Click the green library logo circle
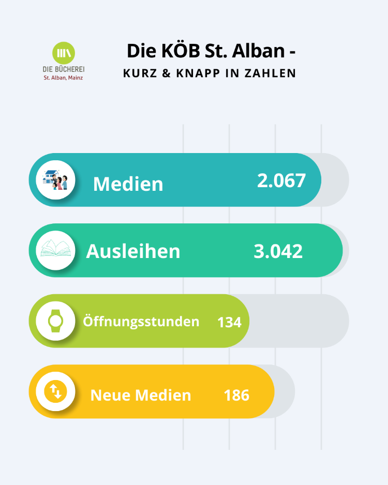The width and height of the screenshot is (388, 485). [x=64, y=53]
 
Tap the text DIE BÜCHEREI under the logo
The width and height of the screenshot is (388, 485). [x=64, y=69]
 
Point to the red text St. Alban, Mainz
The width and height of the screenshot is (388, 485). [x=63, y=78]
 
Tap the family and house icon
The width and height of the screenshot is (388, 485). [x=55, y=180]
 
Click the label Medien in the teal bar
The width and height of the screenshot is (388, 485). [x=128, y=184]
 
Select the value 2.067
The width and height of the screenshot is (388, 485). [x=281, y=180]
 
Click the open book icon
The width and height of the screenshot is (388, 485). [x=55, y=251]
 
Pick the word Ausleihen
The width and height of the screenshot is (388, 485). [x=133, y=251]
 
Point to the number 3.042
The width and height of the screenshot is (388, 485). [x=278, y=251]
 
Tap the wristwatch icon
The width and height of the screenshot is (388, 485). [x=55, y=321]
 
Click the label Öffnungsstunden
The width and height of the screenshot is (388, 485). [x=141, y=321]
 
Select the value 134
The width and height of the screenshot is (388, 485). [x=229, y=322]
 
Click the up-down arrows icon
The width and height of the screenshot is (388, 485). [x=55, y=391]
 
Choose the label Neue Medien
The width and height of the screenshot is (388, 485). [x=141, y=395]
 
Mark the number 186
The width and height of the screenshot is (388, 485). [x=236, y=395]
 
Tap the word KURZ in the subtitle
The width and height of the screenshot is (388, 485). [x=139, y=73]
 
